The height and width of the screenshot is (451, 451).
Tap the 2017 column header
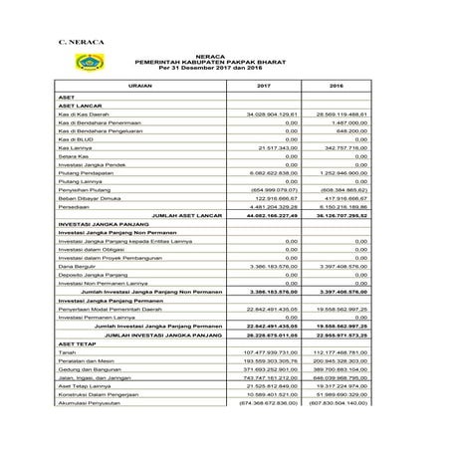coord(264,88)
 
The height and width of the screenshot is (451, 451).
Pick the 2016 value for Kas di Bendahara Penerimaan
coord(349,125)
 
